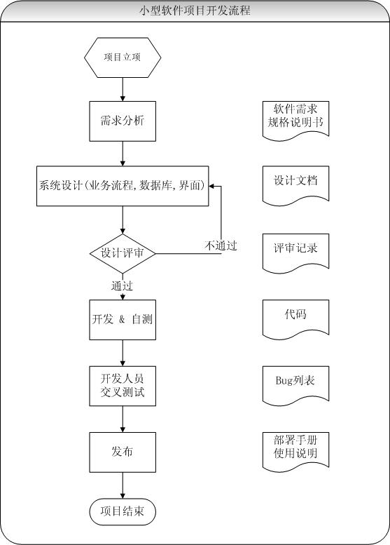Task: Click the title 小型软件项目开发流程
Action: click(195, 11)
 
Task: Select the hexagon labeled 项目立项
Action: click(123, 57)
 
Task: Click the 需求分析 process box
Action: click(123, 121)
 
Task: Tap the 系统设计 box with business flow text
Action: click(123, 186)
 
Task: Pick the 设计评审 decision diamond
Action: click(123, 253)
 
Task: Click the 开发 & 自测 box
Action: click(123, 318)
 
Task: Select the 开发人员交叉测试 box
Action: click(123, 386)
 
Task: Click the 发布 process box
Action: click(123, 452)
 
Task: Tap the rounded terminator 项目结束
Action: click(123, 511)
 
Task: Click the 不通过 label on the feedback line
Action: click(221, 245)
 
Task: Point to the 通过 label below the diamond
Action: click(122, 285)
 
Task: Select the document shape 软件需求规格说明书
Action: click(295, 119)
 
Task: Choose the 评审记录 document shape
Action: click(295, 250)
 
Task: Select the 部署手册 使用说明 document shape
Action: click(295, 449)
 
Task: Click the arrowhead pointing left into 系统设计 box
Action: click(214, 187)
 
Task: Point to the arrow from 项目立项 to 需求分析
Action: click(123, 88)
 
